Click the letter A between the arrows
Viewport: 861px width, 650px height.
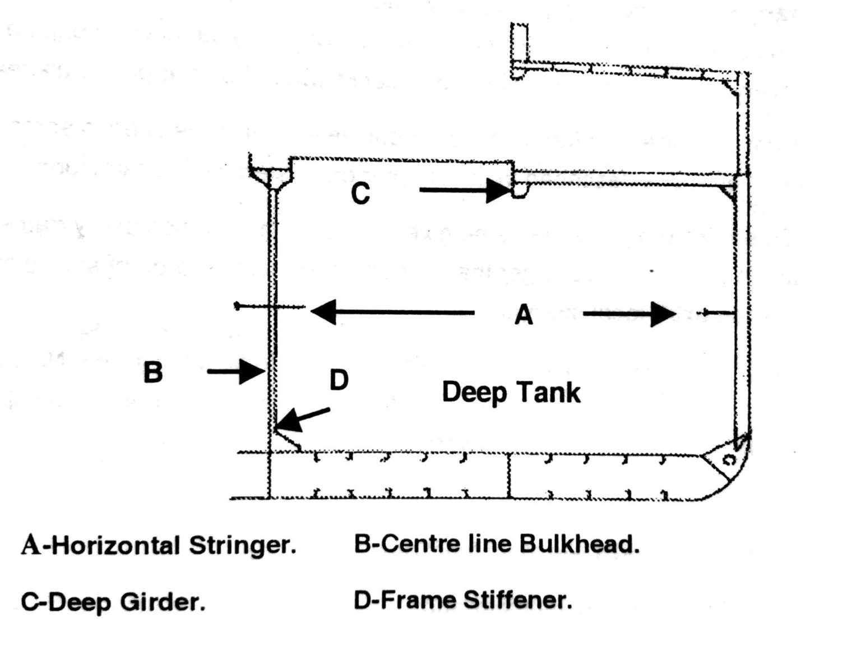(524, 315)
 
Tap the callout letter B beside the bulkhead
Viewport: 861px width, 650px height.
(153, 372)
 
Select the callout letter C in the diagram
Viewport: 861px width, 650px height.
(360, 193)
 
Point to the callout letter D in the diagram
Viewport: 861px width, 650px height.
(339, 380)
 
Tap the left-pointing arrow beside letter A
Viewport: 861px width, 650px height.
(392, 312)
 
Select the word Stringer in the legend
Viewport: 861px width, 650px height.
(242, 546)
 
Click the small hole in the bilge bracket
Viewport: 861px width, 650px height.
(729, 460)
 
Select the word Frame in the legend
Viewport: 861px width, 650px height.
(415, 601)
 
